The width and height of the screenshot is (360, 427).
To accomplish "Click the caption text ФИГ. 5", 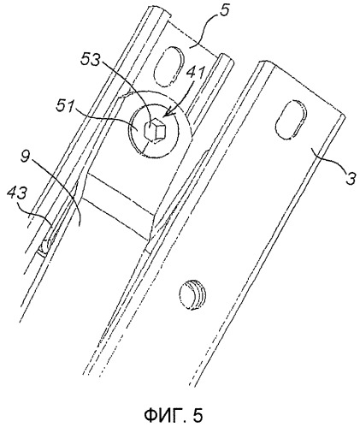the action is (x=174, y=415).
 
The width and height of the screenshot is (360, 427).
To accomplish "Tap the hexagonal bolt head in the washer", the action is (x=153, y=130).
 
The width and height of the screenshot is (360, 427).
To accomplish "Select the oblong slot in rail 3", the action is (x=291, y=120).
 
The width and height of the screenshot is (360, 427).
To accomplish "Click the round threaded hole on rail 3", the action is (x=192, y=294).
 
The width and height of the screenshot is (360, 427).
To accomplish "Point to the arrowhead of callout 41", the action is (x=166, y=116).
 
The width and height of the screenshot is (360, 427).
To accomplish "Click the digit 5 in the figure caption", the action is (x=198, y=416).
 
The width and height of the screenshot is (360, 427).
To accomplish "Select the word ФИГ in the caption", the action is (x=162, y=415).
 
